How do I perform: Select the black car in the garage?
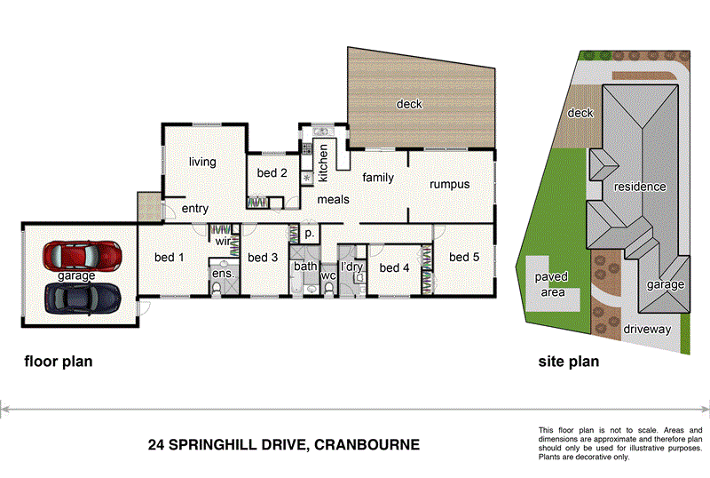[x=83, y=298]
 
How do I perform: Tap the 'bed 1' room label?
[x=169, y=258]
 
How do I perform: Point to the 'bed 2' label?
[x=272, y=173]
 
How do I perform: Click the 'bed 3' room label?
[x=263, y=258]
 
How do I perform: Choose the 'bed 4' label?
[x=394, y=267]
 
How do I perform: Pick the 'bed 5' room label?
[x=464, y=258]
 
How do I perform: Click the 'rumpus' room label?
[x=449, y=185]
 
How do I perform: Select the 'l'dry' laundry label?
[x=351, y=267]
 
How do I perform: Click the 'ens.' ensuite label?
[x=222, y=274]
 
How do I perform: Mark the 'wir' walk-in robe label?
[x=223, y=240]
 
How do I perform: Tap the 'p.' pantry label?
[x=309, y=234]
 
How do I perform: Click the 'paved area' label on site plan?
[x=551, y=284]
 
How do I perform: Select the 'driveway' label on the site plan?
[x=646, y=329]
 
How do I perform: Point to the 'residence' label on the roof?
[x=639, y=187]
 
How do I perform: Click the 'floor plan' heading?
[x=58, y=362]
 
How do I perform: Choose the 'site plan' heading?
[x=569, y=362]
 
